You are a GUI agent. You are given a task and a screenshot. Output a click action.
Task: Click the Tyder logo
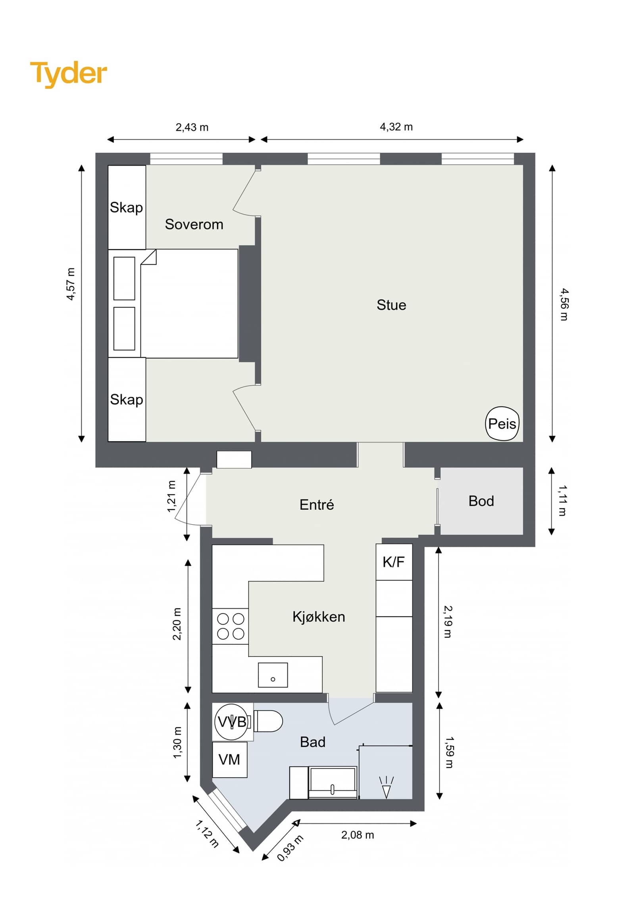(68, 74)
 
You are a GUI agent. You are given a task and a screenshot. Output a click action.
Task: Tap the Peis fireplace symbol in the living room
(502, 424)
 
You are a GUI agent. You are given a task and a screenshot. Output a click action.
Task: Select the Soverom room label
(194, 224)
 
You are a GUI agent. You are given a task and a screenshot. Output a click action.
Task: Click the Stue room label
(391, 305)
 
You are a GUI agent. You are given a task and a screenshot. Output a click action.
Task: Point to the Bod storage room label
(481, 501)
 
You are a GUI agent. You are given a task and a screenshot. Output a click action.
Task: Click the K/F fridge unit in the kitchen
(394, 562)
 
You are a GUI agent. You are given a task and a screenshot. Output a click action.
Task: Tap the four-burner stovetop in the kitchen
(231, 626)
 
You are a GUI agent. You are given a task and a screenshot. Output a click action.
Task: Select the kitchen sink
(273, 675)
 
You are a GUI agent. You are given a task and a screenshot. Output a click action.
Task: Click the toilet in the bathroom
(268, 721)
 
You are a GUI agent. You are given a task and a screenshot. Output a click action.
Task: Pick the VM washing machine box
(230, 760)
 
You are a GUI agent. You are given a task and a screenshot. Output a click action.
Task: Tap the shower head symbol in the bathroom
(386, 787)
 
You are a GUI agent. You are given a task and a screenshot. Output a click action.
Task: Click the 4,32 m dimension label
(396, 127)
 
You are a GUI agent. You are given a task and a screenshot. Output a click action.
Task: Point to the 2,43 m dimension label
(192, 127)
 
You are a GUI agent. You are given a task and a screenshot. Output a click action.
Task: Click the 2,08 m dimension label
(357, 835)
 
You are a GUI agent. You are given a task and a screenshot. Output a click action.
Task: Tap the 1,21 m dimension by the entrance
(171, 496)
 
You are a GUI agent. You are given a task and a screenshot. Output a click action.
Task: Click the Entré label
(317, 505)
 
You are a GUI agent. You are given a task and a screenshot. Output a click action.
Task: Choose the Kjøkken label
(319, 617)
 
